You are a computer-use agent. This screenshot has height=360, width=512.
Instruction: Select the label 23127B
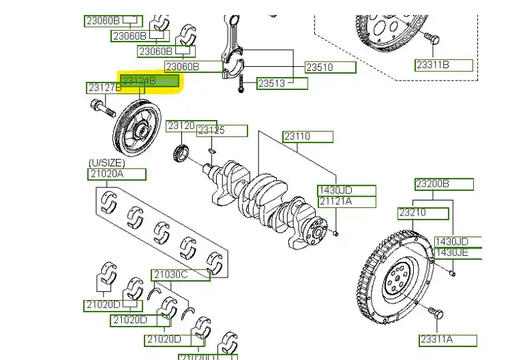point(104,88)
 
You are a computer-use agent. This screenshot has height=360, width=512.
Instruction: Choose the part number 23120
point(181,126)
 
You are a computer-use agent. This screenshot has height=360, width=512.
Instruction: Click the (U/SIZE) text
point(107,162)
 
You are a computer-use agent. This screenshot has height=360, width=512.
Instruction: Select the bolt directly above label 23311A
point(436,314)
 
